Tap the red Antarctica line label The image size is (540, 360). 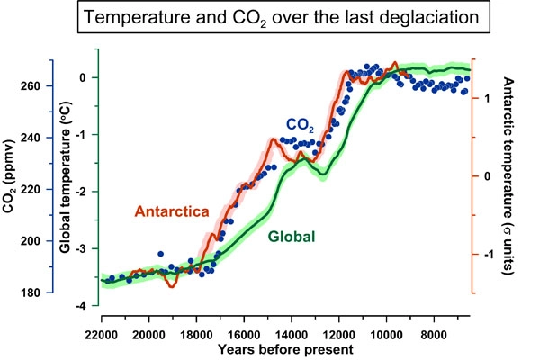click(172, 212)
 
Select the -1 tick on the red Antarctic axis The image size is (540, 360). click(489, 254)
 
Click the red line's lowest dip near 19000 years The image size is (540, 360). click(172, 285)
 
